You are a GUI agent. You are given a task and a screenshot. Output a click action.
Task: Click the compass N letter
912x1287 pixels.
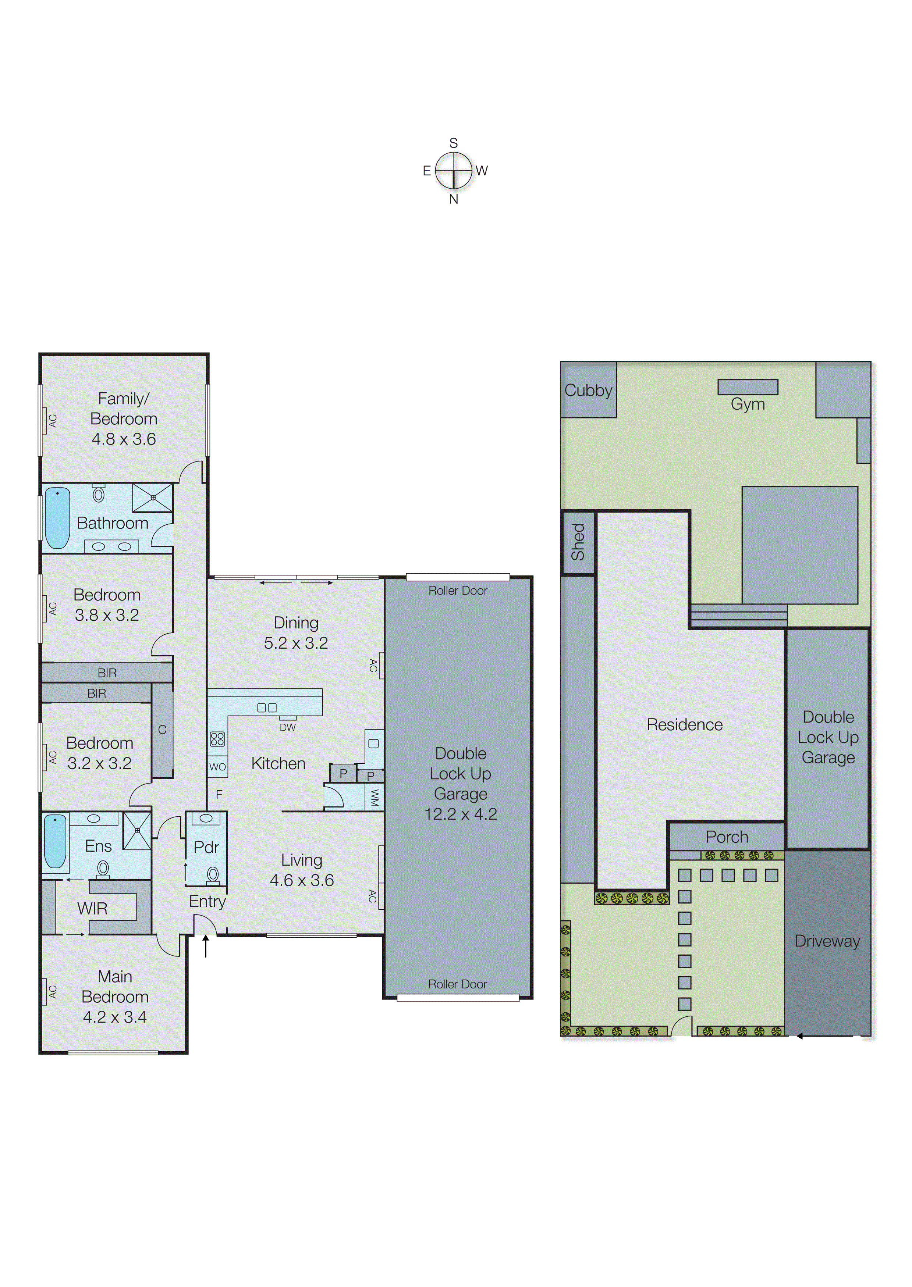pos(453,199)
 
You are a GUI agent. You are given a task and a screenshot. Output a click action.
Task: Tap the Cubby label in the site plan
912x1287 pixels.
pos(588,390)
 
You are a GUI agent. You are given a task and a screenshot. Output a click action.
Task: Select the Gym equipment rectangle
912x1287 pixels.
pos(748,387)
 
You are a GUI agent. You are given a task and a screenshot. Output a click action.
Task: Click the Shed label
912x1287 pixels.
pos(578,542)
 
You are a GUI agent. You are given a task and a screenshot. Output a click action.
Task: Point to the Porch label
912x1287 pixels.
pos(727,837)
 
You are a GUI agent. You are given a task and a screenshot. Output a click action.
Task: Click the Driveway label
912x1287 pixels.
pos(827,941)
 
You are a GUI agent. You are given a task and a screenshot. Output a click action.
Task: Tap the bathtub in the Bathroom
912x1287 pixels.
pos(57,517)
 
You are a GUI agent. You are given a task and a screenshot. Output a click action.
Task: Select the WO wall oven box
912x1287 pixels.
pos(217,767)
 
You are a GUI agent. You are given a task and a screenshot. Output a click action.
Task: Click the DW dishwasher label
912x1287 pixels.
pos(288,727)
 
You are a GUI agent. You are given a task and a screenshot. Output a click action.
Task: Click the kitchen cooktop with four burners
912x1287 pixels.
pos(217,739)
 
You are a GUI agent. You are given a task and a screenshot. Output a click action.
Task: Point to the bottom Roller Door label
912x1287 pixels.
pos(457,984)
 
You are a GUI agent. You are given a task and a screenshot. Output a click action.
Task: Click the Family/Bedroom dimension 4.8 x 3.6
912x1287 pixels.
pos(124,439)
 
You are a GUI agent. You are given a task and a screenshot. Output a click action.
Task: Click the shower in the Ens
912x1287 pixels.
pos(137,830)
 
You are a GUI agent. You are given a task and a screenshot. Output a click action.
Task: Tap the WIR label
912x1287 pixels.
pos(92,909)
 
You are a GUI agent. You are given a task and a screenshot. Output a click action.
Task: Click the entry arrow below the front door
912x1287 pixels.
pos(206,945)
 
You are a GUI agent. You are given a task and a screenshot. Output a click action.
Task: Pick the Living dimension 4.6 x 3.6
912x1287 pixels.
pos(302,880)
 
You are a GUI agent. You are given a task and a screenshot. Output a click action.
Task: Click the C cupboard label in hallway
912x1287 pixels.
pos(162,730)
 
